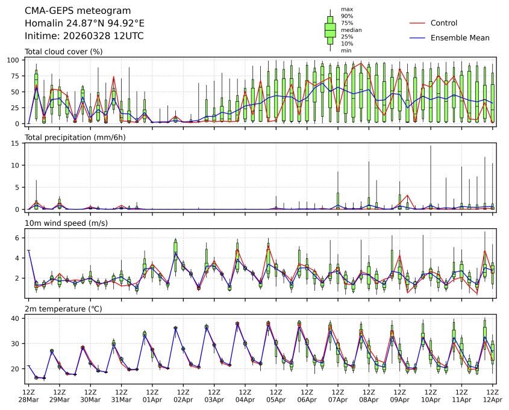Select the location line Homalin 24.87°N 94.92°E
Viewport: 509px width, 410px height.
point(84,23)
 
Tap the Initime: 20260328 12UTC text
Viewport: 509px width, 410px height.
point(84,36)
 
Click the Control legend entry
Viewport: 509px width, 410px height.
point(444,23)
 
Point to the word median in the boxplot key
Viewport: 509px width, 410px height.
point(351,30)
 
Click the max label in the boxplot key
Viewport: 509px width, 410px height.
point(346,9)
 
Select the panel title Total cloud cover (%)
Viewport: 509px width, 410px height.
point(63,52)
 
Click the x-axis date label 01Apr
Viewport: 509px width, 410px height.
point(152,400)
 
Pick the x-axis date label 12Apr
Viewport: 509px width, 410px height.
point(492,400)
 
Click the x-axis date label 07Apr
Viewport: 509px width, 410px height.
point(338,400)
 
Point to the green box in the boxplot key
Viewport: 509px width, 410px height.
point(330,30)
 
